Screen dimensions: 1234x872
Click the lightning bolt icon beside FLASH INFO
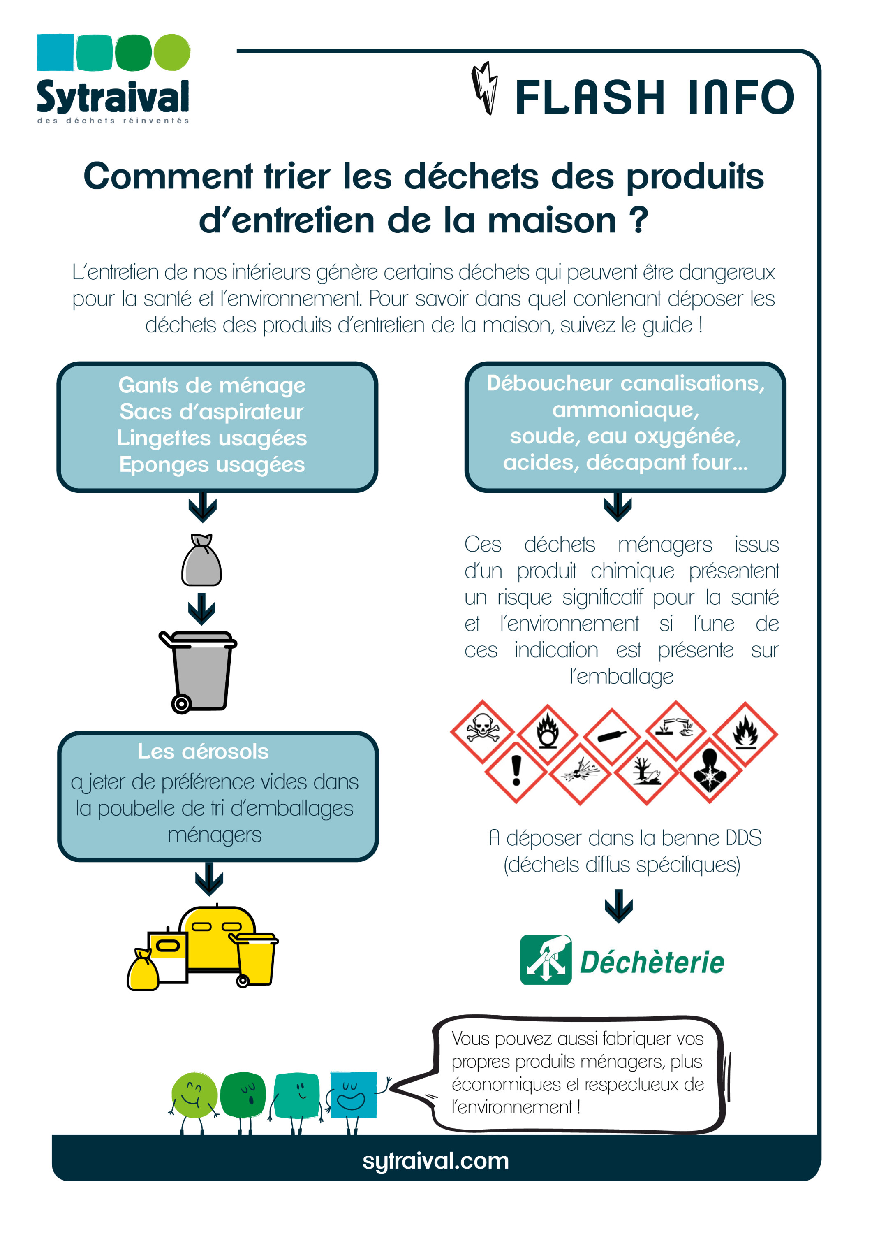(x=485, y=88)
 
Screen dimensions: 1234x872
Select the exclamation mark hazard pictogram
(x=516, y=772)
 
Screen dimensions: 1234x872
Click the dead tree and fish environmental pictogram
(x=646, y=773)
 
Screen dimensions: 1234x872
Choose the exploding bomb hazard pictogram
(x=580, y=773)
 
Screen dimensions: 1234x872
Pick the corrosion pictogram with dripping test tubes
(x=676, y=729)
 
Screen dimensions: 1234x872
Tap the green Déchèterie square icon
(x=546, y=960)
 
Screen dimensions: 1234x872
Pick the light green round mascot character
(x=194, y=1095)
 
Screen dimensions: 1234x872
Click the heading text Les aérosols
(x=203, y=752)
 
